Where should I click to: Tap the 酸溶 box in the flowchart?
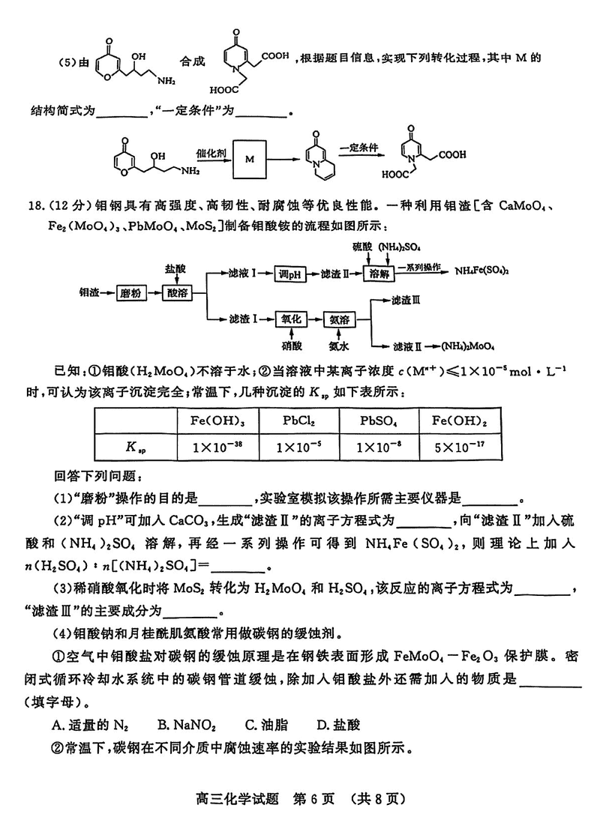click(182, 292)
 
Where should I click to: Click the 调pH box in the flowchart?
click(292, 274)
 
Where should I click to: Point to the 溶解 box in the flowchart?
click(381, 274)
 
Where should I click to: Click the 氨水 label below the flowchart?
click(339, 347)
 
